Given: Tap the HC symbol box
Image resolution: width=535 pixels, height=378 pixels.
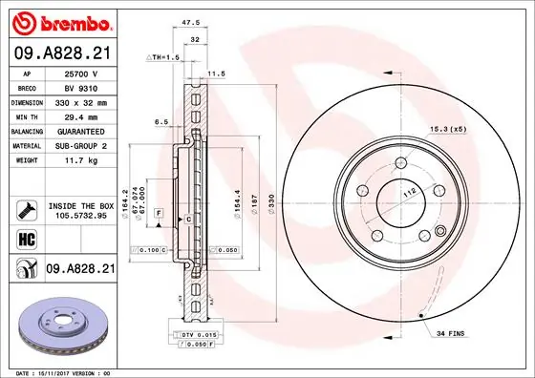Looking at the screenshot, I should click(x=25, y=238).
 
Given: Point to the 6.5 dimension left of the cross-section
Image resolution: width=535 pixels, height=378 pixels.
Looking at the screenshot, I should click(x=160, y=122).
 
